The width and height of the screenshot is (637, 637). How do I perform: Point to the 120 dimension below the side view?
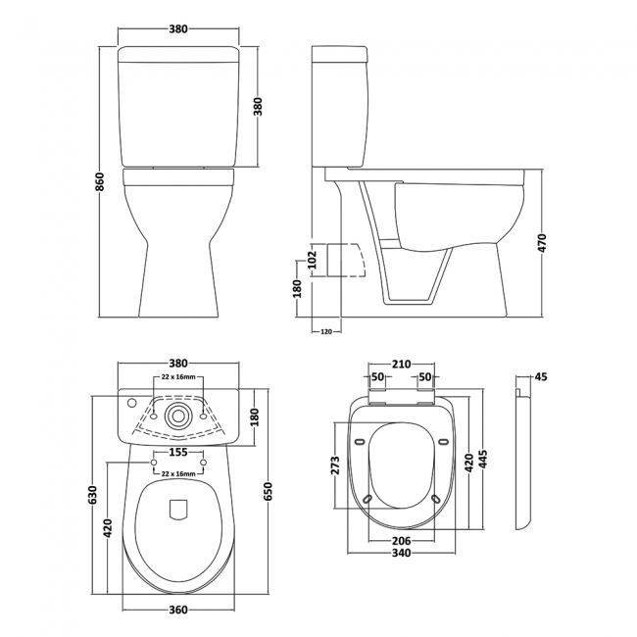tap(325, 331)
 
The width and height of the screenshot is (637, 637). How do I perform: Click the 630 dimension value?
tap(92, 496)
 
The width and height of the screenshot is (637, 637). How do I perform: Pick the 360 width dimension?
tap(177, 610)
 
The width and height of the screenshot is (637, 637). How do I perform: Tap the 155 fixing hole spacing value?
tap(177, 452)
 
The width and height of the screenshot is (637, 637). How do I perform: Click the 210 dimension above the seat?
tap(402, 365)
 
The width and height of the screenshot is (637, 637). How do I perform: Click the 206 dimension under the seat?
tap(402, 540)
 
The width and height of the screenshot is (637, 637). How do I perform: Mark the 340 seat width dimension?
tap(402, 553)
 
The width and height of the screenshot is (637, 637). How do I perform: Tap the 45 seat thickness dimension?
tap(540, 376)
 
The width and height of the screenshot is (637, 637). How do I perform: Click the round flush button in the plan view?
tap(177, 414)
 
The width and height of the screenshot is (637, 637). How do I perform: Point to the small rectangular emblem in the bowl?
tap(177, 509)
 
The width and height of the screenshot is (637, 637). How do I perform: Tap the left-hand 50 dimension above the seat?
tap(377, 377)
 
